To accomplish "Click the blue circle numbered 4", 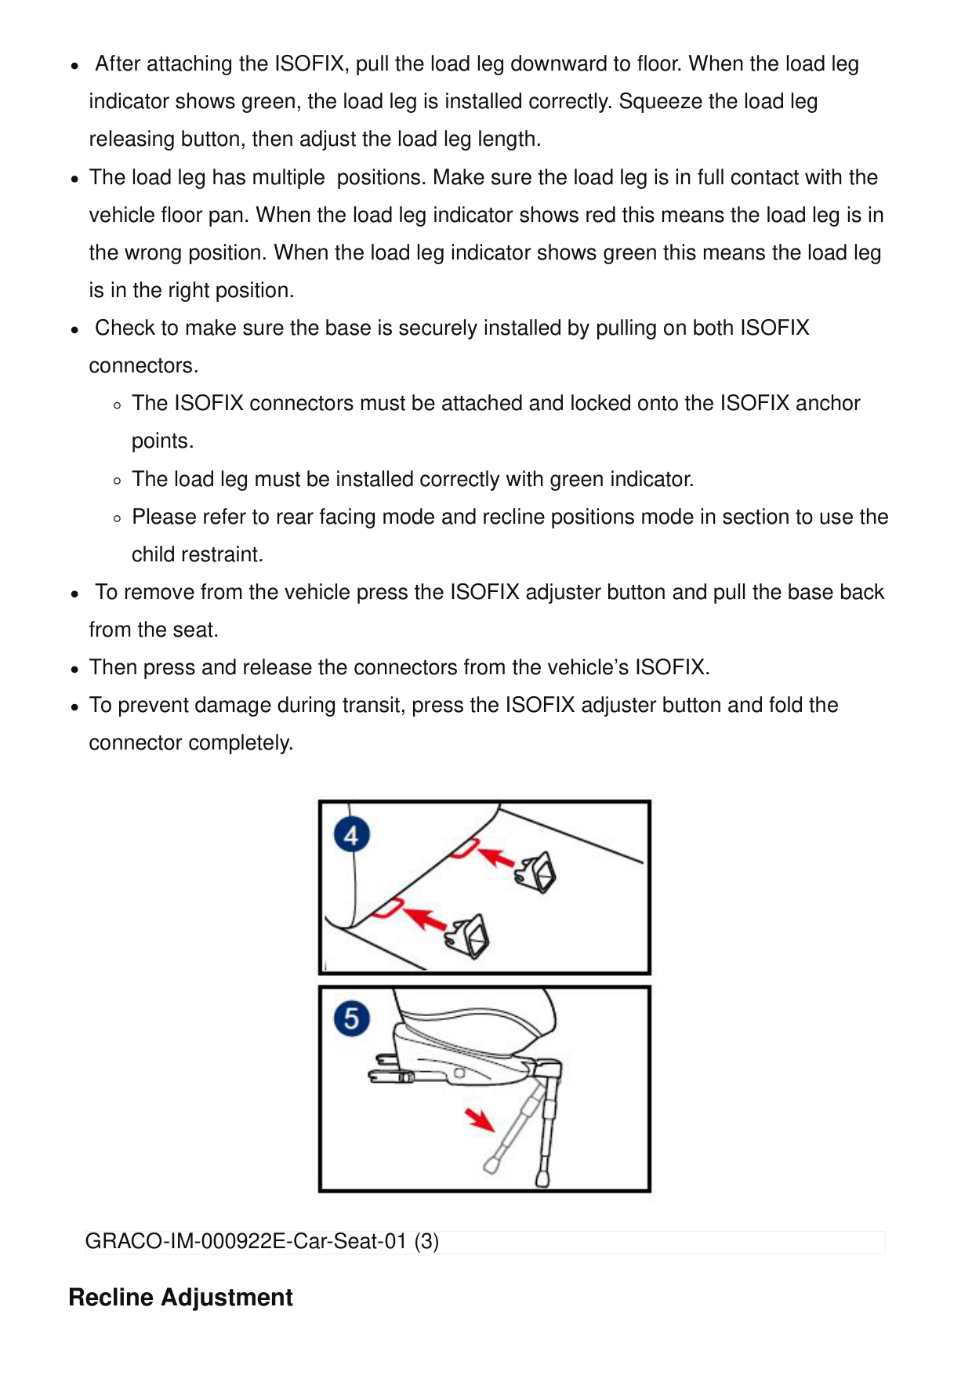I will [x=351, y=835].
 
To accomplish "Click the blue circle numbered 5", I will [x=351, y=1018].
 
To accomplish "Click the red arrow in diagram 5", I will [x=479, y=1120].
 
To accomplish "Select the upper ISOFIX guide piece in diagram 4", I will [x=538, y=873].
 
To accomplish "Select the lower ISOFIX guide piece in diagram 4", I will [x=470, y=935].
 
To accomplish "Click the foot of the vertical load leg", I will [x=542, y=1177].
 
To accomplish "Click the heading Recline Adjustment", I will [x=180, y=1298].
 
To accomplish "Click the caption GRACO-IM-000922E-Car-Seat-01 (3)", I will [x=262, y=1242].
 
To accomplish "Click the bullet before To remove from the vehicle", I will [x=74, y=594].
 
